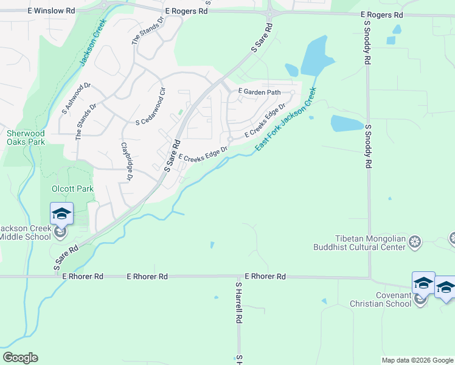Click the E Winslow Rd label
click(51, 11)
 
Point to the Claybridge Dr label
click(127, 161)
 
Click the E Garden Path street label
click(259, 92)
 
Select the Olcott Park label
click(72, 189)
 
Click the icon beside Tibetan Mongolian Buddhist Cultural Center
click(415, 242)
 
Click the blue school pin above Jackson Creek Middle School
click(61, 213)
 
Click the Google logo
click(20, 358)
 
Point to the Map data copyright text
click(417, 360)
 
